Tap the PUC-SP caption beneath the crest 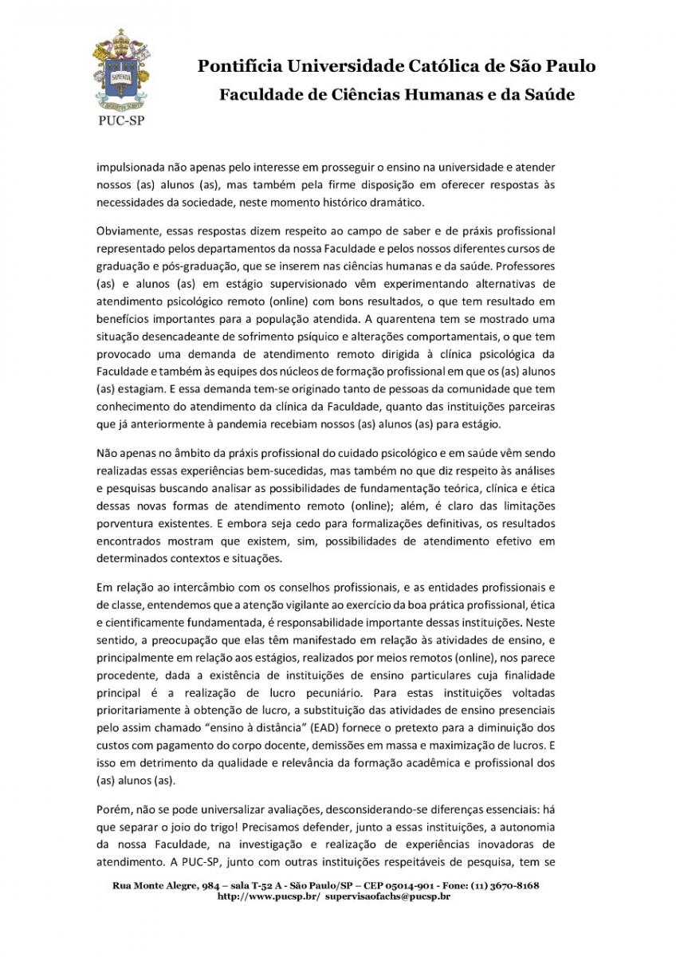coord(121,122)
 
